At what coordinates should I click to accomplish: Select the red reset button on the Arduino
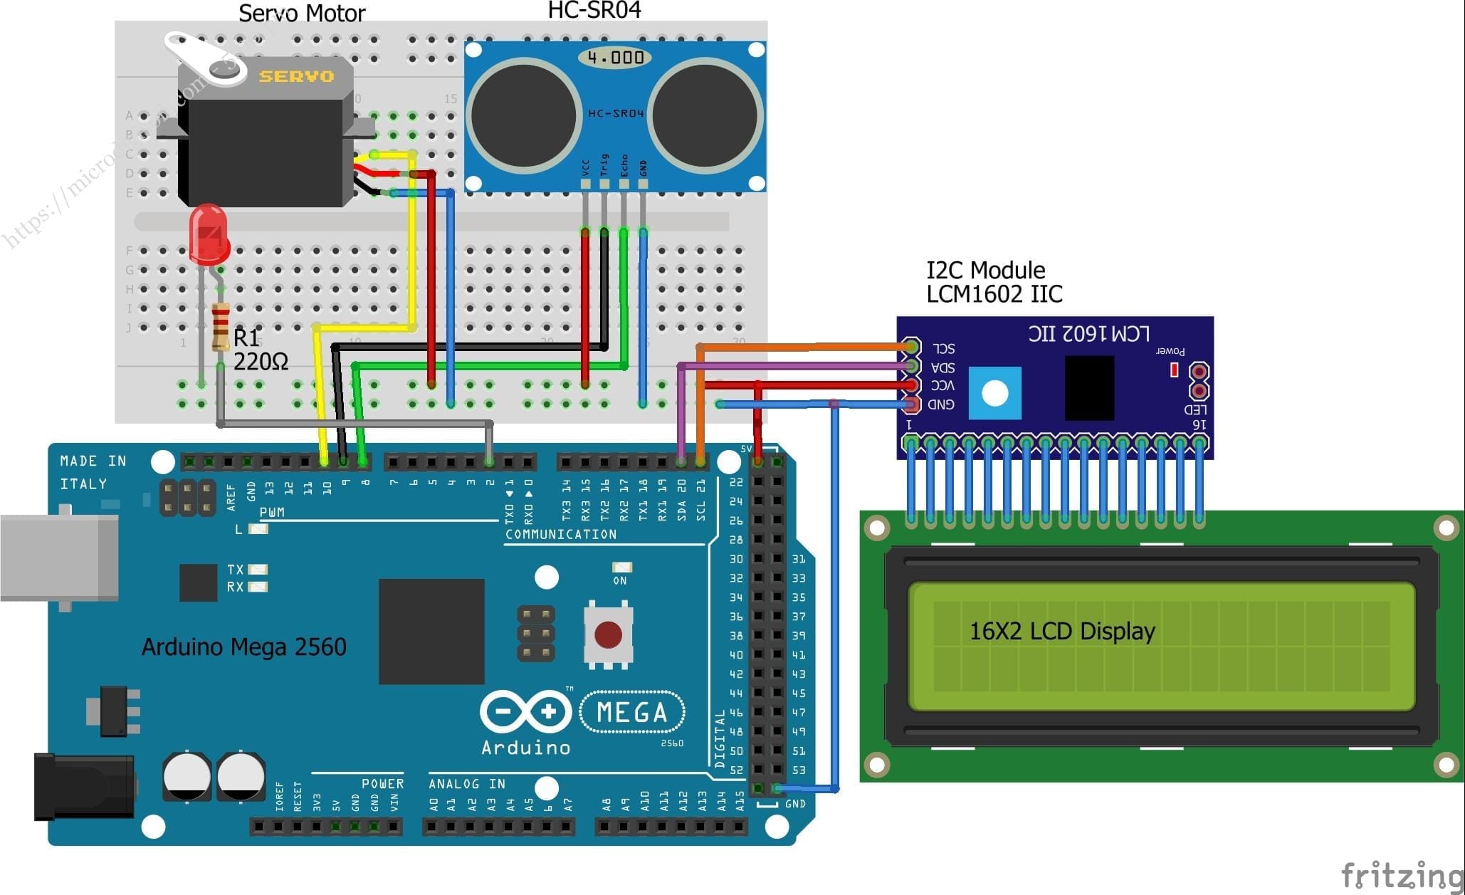(608, 634)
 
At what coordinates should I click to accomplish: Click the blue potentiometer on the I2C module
(994, 393)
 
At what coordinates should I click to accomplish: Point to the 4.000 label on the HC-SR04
(616, 57)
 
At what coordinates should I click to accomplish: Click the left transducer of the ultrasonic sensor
(523, 115)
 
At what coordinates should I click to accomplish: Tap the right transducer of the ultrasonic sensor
(703, 115)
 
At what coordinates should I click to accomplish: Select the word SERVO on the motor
(296, 76)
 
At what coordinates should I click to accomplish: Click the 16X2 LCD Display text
(1061, 631)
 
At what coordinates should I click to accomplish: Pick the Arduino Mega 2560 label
(243, 647)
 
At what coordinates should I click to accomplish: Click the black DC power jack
(84, 787)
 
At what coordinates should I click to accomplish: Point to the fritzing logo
(1400, 874)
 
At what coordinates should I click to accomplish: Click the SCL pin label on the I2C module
(944, 348)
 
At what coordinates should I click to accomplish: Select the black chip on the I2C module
(1089, 388)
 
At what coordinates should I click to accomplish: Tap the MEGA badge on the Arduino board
(632, 712)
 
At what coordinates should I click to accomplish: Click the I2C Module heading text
(985, 270)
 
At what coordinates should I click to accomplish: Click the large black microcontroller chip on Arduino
(431, 631)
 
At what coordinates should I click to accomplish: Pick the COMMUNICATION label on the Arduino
(561, 534)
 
